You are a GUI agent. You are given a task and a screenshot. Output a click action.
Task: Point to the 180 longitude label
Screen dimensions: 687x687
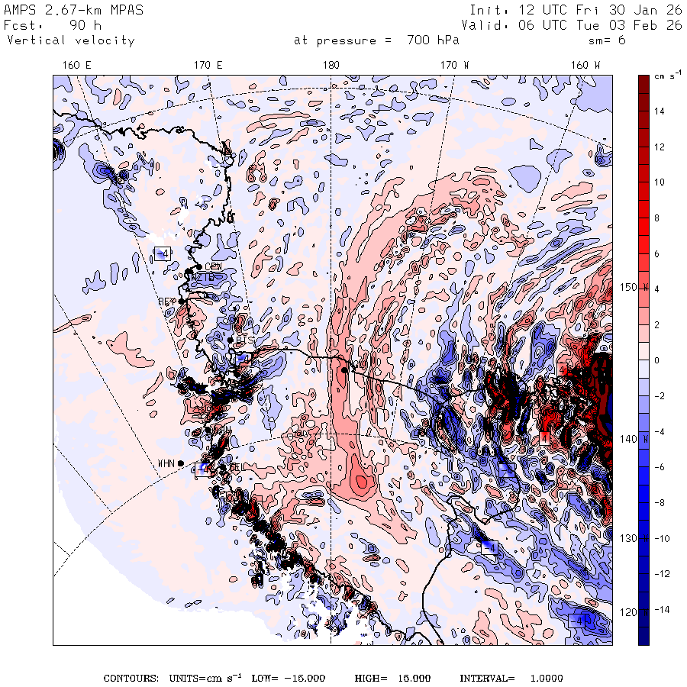point(331,66)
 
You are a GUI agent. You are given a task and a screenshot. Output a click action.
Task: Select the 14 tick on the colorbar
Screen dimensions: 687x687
point(659,111)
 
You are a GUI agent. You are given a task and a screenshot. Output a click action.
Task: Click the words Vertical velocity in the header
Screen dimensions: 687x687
point(71,40)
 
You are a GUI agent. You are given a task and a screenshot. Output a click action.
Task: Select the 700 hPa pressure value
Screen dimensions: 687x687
point(435,40)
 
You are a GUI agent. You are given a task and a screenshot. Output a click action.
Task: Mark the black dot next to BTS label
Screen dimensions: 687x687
point(231,339)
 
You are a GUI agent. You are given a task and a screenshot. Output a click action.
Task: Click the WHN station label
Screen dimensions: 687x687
point(166,463)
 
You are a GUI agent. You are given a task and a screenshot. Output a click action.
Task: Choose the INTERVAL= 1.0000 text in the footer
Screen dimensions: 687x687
point(511,679)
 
